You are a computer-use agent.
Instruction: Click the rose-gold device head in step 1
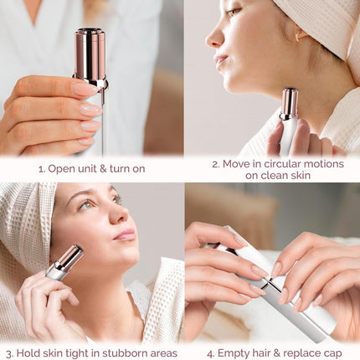[x=90, y=56]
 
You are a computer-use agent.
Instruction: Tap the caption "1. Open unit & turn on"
[x=91, y=168]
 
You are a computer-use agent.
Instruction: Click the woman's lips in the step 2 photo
[x=221, y=60]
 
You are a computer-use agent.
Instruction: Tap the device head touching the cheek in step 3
[x=69, y=257]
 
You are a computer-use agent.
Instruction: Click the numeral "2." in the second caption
[x=215, y=164]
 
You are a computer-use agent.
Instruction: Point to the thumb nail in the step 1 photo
[x=84, y=88]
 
